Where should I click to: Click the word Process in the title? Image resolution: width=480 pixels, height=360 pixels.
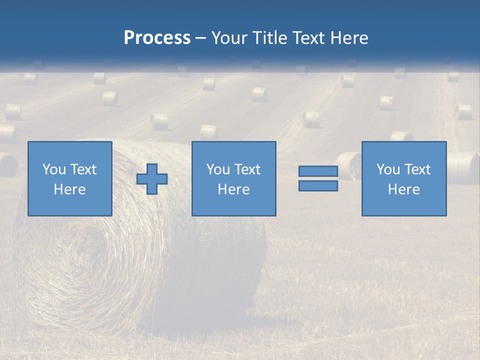click(x=157, y=38)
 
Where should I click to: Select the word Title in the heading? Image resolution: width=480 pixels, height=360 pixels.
click(x=270, y=38)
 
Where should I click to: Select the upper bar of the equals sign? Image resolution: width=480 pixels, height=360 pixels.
click(x=318, y=171)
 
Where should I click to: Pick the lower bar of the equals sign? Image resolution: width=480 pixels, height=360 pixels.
click(x=318, y=186)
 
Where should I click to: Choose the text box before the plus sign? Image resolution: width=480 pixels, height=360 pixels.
click(x=70, y=178)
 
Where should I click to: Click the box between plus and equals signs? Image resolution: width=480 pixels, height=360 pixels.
click(x=234, y=178)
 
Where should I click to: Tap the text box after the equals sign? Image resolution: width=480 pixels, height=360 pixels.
click(x=404, y=178)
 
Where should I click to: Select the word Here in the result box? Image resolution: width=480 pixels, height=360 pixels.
click(x=404, y=189)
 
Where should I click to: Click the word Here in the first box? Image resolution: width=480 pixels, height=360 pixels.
click(x=70, y=189)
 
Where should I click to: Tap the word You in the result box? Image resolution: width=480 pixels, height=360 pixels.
click(x=388, y=169)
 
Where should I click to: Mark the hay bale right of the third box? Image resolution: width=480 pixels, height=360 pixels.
click(x=463, y=167)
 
